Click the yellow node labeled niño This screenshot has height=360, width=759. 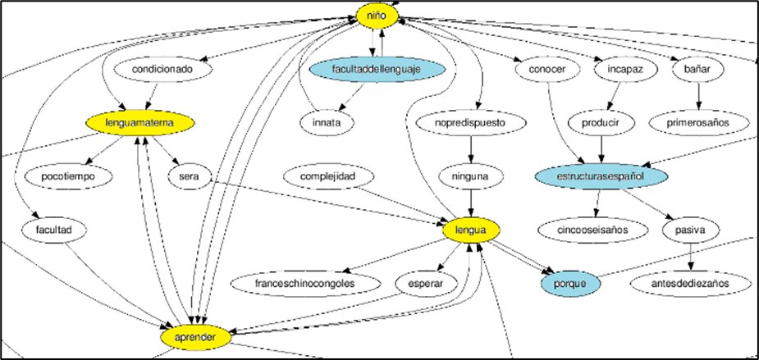[x=377, y=14]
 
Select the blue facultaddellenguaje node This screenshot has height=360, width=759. [x=377, y=71]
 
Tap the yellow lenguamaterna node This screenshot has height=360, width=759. [x=141, y=123]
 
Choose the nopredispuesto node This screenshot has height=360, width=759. [x=471, y=123]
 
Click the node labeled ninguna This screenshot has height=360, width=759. [x=471, y=176]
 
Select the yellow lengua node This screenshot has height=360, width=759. [x=471, y=231]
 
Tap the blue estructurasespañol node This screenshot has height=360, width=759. [x=601, y=176]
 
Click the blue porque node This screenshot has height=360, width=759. [x=570, y=284]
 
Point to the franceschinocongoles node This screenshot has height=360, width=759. [x=307, y=284]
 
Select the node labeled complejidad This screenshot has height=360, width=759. [x=337, y=176]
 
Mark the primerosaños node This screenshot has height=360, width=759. [x=699, y=123]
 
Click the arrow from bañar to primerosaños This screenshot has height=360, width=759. [x=699, y=97]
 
